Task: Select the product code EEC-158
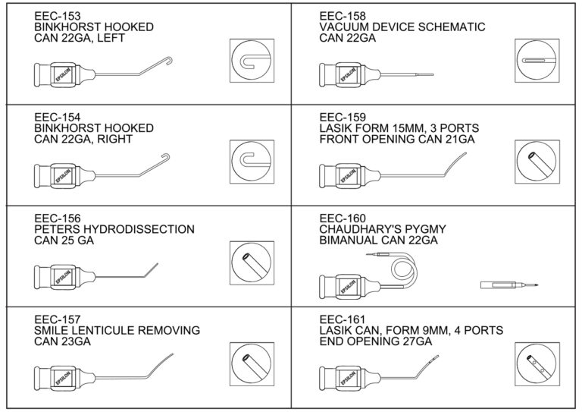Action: click(342, 15)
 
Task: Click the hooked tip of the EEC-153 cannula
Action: click(170, 58)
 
